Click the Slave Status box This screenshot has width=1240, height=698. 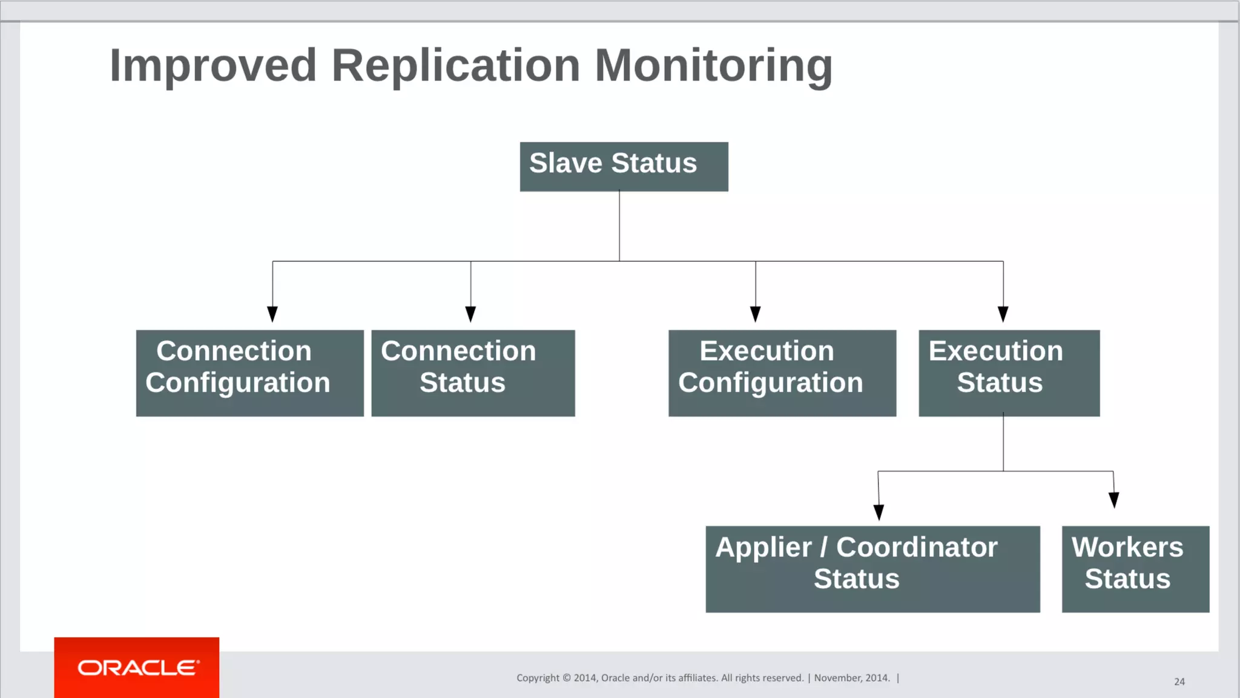coord(624,167)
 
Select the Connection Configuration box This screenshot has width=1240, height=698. coord(249,373)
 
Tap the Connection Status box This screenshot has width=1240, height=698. coord(473,373)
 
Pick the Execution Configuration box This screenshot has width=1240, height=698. coord(782,373)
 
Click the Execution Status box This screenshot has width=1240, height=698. coord(1009,373)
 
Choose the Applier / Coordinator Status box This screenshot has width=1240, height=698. coord(872,568)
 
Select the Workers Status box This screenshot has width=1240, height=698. coord(1135,568)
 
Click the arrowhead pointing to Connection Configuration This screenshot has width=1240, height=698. coord(272,314)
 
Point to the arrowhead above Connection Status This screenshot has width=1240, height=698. coord(470,314)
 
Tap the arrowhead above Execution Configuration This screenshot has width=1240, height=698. coord(755,314)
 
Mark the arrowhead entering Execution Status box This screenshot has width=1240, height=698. coord(1003,314)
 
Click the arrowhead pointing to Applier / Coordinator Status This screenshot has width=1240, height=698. coord(879,512)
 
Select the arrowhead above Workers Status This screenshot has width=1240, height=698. coord(1113,500)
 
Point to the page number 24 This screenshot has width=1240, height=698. coord(1179,682)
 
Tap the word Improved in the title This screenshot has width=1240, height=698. coord(213,65)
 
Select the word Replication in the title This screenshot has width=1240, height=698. coord(456,65)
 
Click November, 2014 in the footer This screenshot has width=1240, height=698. coord(851,678)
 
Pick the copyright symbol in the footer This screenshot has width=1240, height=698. coord(567,678)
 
